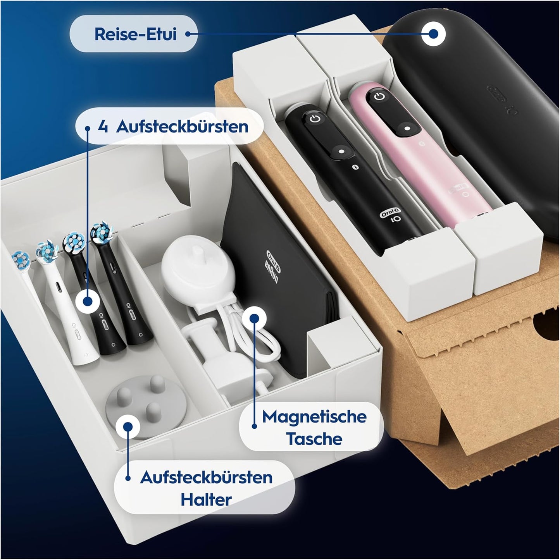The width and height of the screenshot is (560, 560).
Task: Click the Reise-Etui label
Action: click(x=136, y=34)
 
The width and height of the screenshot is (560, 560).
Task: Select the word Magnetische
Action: click(x=314, y=417)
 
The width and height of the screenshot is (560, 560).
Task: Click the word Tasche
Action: click(x=314, y=438)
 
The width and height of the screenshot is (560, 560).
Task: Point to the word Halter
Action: click(x=206, y=500)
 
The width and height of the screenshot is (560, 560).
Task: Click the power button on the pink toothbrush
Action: click(x=379, y=96)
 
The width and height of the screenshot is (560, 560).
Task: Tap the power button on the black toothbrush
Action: click(x=315, y=119)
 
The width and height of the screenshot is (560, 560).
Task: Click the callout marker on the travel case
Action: click(x=433, y=34)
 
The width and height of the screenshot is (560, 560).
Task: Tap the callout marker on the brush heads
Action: click(x=88, y=301)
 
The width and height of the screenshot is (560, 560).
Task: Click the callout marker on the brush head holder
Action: click(x=128, y=426)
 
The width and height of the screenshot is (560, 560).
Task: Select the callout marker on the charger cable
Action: click(x=254, y=318)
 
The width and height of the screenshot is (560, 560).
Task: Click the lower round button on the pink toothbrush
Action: click(x=407, y=128)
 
